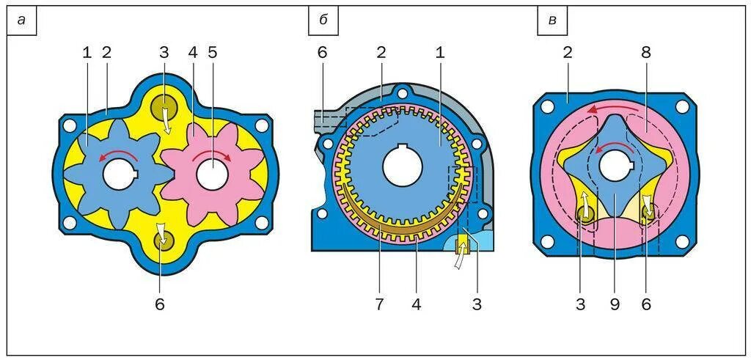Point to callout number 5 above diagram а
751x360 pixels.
(213, 53)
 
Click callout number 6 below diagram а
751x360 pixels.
(160, 304)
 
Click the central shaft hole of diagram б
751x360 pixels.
(402, 166)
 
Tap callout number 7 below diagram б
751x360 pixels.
(380, 304)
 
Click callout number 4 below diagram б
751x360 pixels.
(417, 304)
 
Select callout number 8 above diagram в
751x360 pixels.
(645, 53)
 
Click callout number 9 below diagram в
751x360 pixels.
(615, 304)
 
